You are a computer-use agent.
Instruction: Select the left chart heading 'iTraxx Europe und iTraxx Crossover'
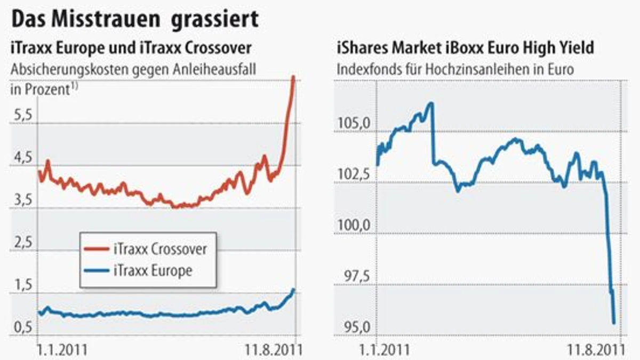click(131, 48)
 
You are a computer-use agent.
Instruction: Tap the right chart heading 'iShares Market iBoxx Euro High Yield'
click(465, 48)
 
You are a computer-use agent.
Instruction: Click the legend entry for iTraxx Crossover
click(159, 249)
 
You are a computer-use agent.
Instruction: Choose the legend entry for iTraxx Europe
click(153, 271)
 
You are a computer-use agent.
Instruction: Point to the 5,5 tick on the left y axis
click(21, 115)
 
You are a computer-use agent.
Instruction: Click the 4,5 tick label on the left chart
click(21, 158)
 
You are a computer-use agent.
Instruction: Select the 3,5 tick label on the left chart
click(21, 200)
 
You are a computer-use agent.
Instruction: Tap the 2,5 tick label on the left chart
click(21, 243)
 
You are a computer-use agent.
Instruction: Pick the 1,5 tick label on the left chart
click(21, 285)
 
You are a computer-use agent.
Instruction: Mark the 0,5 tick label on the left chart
click(21, 327)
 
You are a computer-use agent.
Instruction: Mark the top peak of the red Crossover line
click(293, 77)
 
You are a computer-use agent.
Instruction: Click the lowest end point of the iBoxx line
click(614, 323)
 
